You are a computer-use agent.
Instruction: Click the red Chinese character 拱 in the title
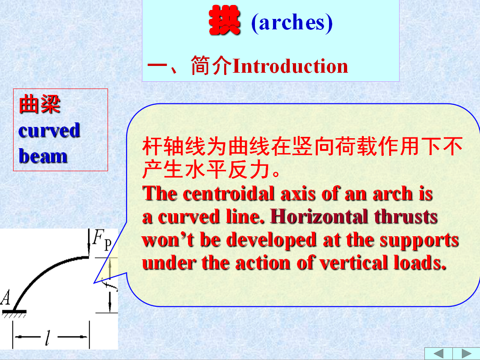pyautogui.click(x=224, y=20)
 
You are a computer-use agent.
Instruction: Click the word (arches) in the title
pyautogui.click(x=292, y=23)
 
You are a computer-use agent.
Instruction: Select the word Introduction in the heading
pyautogui.click(x=290, y=66)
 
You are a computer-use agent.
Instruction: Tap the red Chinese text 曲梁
pyautogui.click(x=40, y=104)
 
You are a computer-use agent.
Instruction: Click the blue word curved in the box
pyautogui.click(x=49, y=130)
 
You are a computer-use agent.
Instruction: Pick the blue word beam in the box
pyautogui.click(x=43, y=156)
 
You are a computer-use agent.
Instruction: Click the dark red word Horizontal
pyautogui.click(x=319, y=217)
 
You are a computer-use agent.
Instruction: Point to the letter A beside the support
pyautogui.click(x=5, y=298)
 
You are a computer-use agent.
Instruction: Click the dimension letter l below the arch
pyautogui.click(x=48, y=337)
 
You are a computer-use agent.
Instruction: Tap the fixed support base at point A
pyautogui.click(x=14, y=312)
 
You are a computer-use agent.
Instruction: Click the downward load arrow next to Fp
pyautogui.click(x=89, y=243)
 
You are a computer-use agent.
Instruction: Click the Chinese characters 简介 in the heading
pyautogui.click(x=211, y=65)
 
